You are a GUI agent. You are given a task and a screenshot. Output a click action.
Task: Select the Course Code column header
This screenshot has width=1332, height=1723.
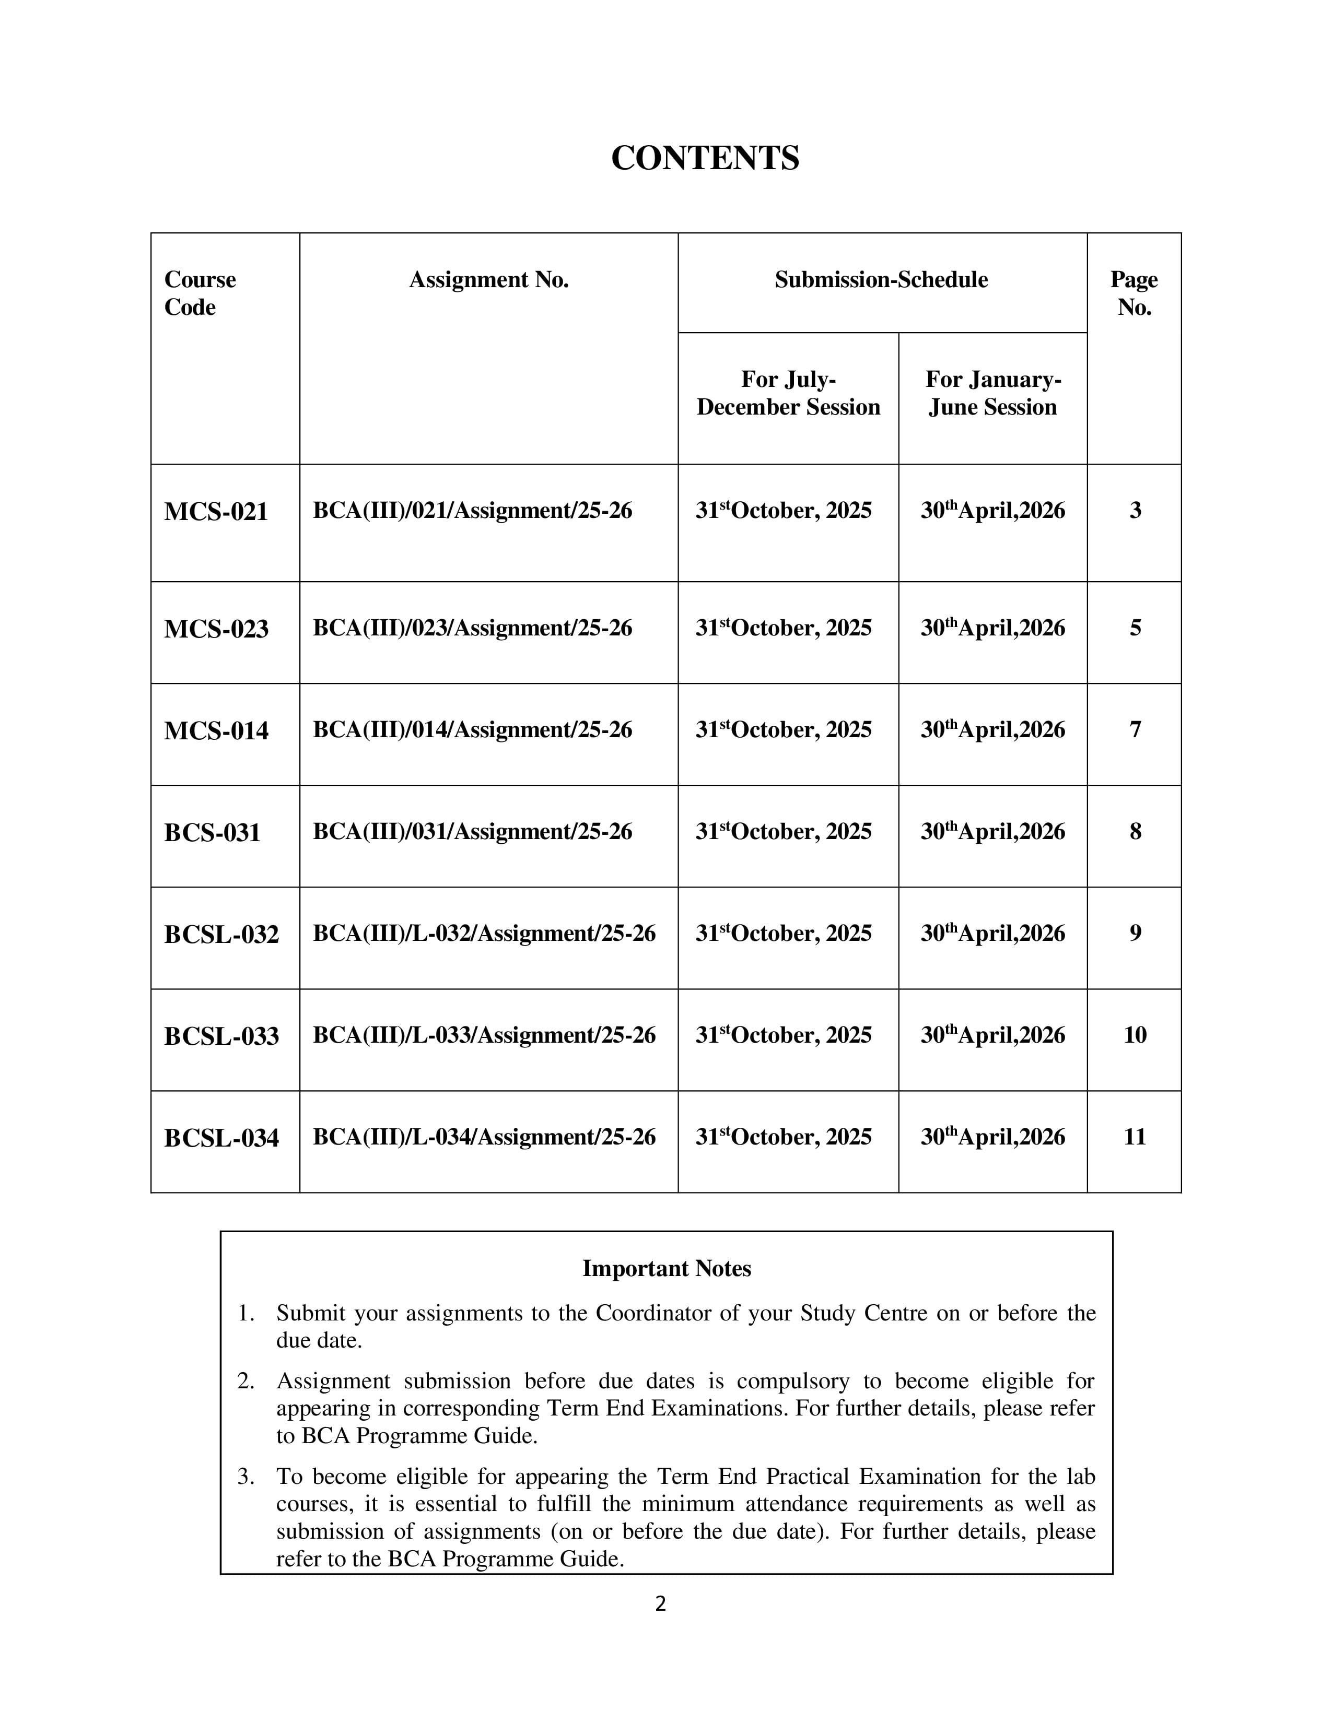coord(200,293)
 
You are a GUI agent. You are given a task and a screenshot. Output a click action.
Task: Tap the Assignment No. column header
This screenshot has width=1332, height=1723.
coord(488,279)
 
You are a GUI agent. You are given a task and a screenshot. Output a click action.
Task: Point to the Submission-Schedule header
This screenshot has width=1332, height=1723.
coord(881,279)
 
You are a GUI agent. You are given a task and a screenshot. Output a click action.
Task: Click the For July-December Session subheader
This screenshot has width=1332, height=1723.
coord(788,393)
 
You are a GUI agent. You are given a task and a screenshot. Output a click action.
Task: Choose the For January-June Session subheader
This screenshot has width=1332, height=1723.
coord(992,393)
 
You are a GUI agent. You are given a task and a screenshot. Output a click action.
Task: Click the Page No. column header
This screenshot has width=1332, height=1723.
coord(1134,293)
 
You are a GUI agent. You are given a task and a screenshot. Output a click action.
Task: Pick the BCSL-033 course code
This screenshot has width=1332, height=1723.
coord(221,1036)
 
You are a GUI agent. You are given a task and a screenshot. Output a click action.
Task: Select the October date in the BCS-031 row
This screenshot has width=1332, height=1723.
coord(783,832)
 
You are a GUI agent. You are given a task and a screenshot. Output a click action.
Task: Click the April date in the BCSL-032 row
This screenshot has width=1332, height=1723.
coord(992,934)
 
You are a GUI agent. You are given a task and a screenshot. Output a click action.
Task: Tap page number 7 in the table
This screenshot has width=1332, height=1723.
coord(1135,730)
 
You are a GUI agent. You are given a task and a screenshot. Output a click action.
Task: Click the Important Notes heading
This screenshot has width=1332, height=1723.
coord(666,1269)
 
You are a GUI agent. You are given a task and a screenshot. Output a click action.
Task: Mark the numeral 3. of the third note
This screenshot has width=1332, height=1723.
coord(246,1477)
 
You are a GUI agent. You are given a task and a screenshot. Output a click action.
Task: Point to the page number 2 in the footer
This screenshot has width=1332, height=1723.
coord(660,1604)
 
